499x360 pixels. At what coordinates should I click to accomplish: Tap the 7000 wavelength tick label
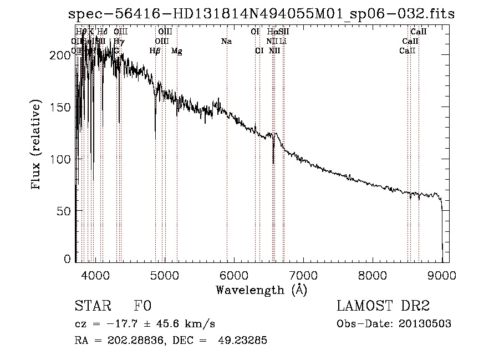click(303, 275)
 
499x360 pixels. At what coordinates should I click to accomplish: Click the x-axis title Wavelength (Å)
click(261, 290)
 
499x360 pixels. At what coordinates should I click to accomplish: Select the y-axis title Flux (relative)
click(37, 145)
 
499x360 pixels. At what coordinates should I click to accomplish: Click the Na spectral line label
click(226, 42)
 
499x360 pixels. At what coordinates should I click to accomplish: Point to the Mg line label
click(176, 51)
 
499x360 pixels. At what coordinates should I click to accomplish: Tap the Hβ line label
click(155, 51)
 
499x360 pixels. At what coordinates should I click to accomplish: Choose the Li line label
click(283, 42)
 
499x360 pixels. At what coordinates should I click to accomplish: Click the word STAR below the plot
click(91, 306)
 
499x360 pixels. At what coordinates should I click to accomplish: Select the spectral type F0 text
click(142, 306)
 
